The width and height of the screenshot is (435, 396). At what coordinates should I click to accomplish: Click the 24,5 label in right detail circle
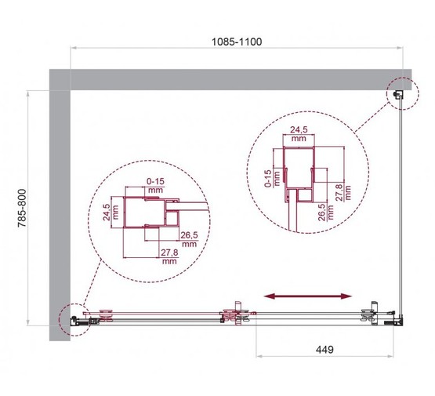(298, 130)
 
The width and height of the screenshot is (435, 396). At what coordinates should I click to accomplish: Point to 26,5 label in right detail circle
(322, 213)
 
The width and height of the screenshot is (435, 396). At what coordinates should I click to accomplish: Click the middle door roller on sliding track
(236, 317)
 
